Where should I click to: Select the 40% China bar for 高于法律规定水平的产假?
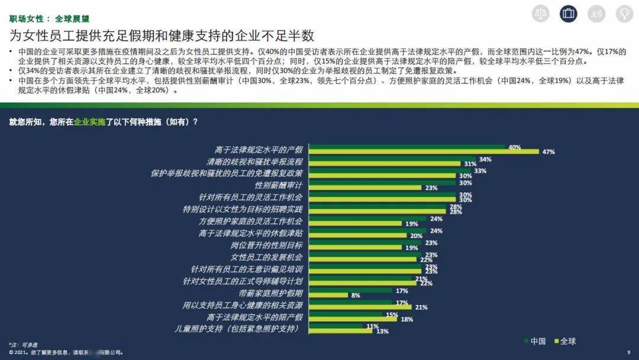point(407,146)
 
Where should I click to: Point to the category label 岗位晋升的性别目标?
point(267,245)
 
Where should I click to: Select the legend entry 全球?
point(564,341)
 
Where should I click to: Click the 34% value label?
point(485,159)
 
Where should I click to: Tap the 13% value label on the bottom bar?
point(382,331)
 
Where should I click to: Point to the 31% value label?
point(470,164)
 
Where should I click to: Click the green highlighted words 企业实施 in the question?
point(89,121)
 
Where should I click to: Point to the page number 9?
point(628,352)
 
